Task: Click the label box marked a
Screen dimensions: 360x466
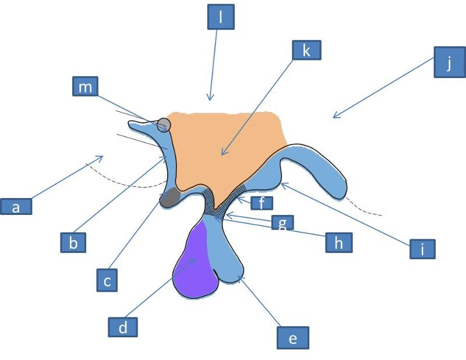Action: [x=16, y=206]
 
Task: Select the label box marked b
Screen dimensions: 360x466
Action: [x=73, y=242]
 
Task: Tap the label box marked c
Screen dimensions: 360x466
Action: [x=107, y=282]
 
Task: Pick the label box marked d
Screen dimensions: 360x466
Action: [x=123, y=327]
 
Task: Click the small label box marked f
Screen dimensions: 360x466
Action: [x=262, y=203]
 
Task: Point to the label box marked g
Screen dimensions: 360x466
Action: [x=282, y=223]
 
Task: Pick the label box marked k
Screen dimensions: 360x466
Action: [x=306, y=50]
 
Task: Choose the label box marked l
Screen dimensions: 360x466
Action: [x=221, y=18]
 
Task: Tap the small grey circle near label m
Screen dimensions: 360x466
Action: [x=164, y=124]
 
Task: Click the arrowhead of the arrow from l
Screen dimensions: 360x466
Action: [x=211, y=100]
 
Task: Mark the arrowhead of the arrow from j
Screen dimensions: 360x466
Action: [x=334, y=118]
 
